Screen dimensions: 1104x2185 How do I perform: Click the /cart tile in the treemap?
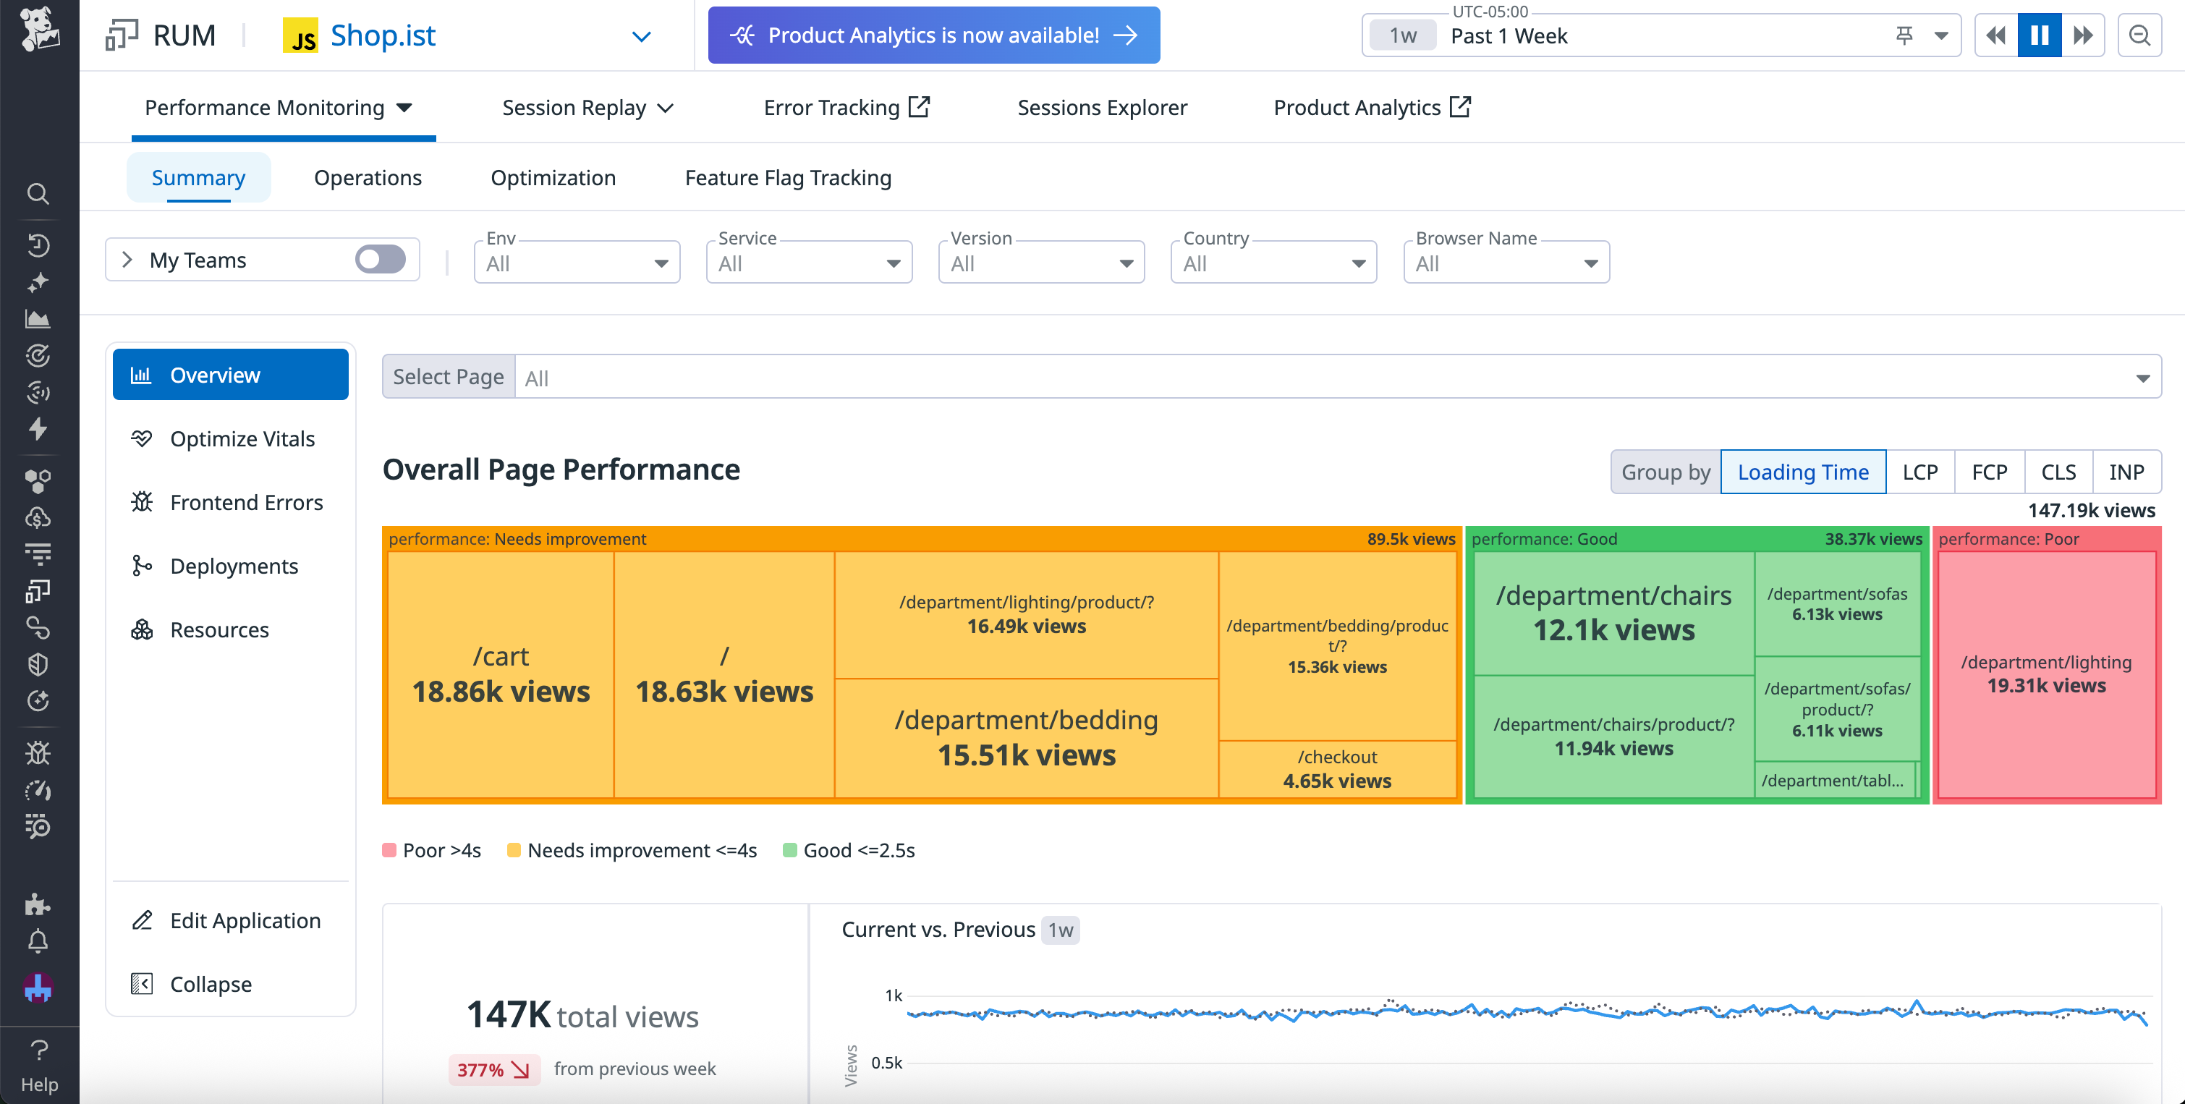501,674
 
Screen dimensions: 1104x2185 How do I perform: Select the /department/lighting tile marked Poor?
2046,674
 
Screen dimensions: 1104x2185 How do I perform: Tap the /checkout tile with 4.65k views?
1337,769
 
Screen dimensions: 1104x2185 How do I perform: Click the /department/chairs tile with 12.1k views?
1613,613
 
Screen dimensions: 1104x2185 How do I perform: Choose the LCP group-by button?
1919,472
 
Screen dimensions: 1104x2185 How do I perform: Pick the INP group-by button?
2126,472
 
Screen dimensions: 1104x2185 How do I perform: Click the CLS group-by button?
2058,472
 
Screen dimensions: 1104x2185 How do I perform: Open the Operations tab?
368,178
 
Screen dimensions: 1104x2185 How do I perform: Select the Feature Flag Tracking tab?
787,178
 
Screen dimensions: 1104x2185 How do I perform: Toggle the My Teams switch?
380,260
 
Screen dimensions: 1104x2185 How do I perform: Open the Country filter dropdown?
1273,263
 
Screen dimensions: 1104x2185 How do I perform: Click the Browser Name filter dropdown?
1506,263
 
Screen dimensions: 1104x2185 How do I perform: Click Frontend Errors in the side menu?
246,503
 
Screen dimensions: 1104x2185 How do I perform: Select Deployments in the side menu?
234,566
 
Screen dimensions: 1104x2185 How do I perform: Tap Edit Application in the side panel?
245,921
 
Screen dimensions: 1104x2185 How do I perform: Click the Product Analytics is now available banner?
933,35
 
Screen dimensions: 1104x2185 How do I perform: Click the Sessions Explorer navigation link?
1102,108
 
